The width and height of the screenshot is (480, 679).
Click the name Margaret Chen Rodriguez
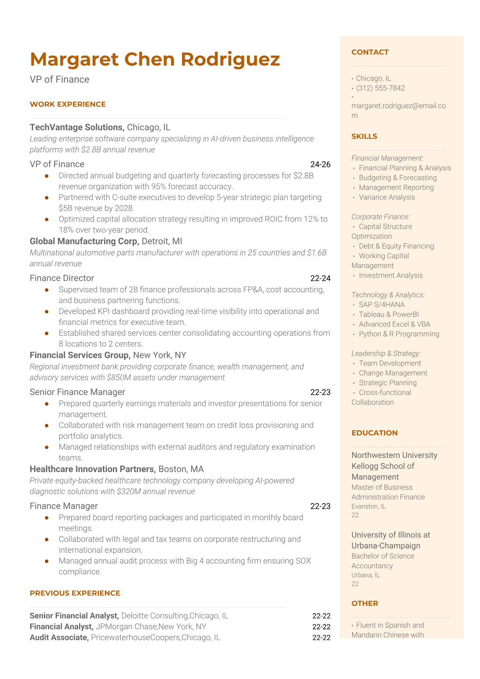pos(154,59)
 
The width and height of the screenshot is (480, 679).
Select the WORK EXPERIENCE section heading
pos(68,104)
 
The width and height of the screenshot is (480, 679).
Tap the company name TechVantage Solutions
pos(77,127)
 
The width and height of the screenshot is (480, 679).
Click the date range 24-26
pos(320,165)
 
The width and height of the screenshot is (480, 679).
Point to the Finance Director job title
pos(62,278)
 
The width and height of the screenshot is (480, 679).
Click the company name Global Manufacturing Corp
pos(84,241)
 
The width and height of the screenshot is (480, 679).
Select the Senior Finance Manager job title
pos(77,392)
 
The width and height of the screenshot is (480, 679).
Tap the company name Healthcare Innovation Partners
pos(92,469)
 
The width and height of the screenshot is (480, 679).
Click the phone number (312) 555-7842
pos(380,88)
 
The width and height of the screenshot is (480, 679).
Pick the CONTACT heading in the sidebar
pos(370,52)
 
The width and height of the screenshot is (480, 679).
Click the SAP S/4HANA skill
pos(382,305)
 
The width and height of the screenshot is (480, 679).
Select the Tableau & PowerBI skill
pos(389,315)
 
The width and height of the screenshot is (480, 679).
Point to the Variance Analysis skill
pos(387,198)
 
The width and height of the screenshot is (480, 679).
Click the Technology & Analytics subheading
pos(388,295)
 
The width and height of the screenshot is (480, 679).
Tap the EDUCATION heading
pos(374,433)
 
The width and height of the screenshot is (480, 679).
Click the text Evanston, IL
pos(368,506)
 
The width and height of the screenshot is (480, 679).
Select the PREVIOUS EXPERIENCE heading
pos(75,593)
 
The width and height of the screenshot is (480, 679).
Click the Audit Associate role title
pos(59,637)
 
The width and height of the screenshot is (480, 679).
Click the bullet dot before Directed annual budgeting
pos(47,176)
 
